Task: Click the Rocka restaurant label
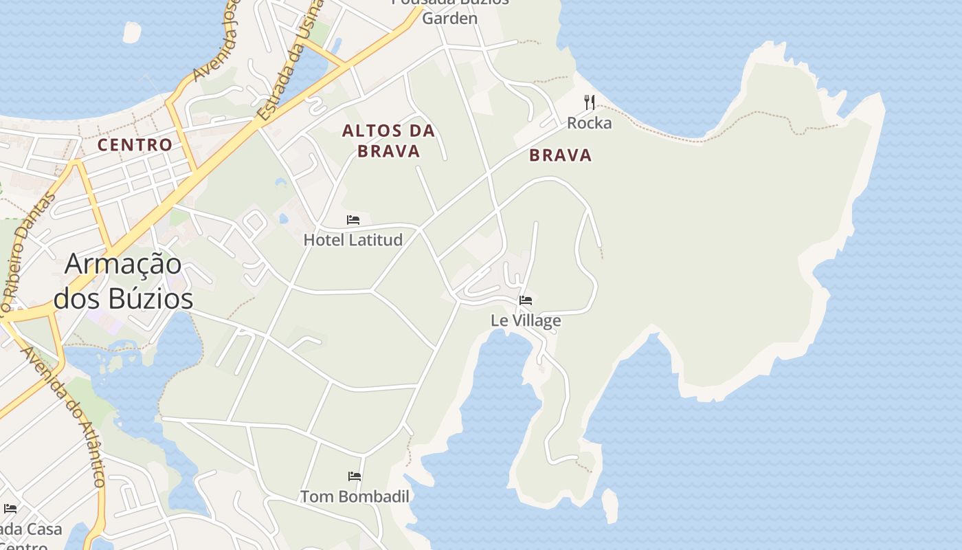589,123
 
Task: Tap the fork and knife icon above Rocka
589,102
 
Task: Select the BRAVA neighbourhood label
560,155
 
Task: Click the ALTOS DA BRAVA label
389,141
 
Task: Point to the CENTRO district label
135,145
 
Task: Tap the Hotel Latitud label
353,240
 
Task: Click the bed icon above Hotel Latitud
353,220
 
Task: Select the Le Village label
526,320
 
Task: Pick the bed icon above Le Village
526,300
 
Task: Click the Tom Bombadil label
355,496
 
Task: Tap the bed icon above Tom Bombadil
355,476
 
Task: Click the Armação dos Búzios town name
124,282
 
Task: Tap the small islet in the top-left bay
131,32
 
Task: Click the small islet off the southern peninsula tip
609,505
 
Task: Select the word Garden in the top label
449,19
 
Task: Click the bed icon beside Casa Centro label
10,509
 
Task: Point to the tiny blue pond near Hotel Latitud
284,219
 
